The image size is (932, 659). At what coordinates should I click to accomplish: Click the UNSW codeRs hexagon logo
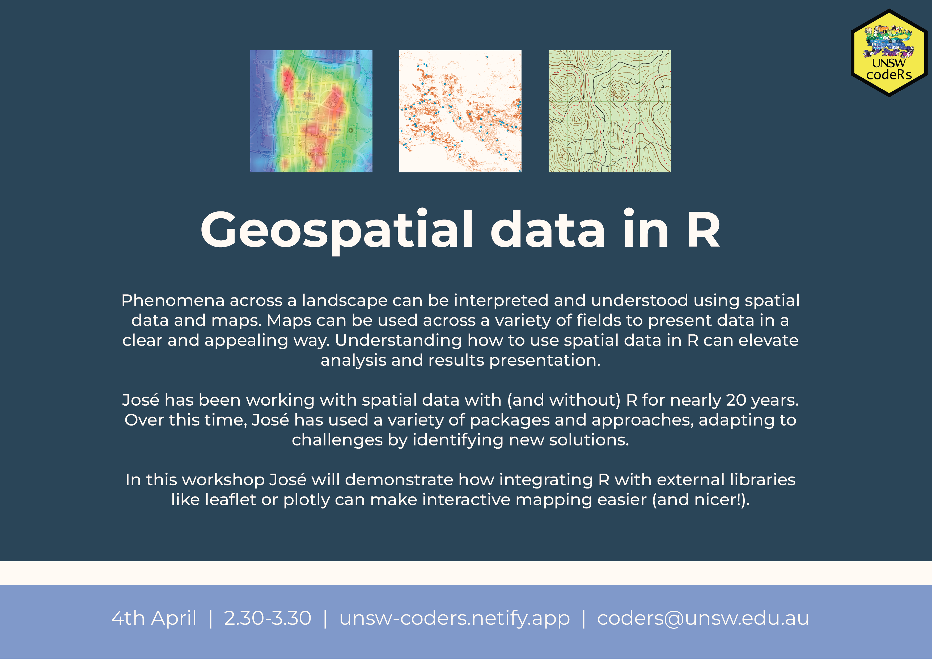(x=889, y=53)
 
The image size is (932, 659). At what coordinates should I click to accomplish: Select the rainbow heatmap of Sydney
(x=311, y=111)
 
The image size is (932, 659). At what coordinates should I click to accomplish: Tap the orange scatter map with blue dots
(x=460, y=111)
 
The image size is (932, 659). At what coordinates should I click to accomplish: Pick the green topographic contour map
(x=609, y=111)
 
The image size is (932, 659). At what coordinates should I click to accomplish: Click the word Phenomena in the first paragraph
(x=173, y=300)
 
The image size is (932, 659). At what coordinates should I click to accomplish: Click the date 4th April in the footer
(x=154, y=618)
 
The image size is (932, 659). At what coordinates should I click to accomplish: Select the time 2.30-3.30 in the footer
(x=268, y=618)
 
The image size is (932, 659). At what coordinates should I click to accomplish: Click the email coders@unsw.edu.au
(x=703, y=618)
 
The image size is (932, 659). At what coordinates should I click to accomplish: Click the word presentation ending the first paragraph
(x=545, y=361)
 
